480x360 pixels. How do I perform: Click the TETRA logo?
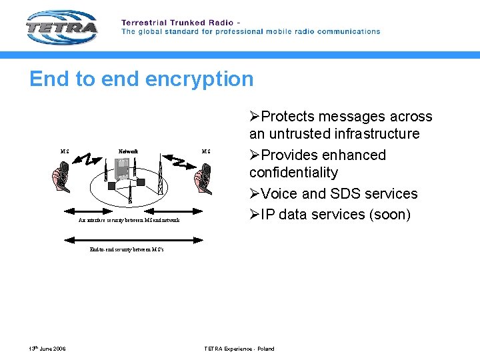click(62, 27)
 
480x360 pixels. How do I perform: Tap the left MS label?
click(65, 151)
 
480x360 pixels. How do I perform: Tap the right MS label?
click(206, 151)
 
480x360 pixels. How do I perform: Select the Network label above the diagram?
click(128, 151)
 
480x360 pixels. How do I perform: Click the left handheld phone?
click(62, 179)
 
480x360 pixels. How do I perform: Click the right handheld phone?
click(203, 179)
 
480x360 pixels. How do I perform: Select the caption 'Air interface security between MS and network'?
click(129, 219)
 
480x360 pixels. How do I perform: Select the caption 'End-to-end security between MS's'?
click(127, 249)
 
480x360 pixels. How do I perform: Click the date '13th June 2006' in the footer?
click(47, 349)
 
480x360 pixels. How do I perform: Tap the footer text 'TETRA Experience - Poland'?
click(239, 349)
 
